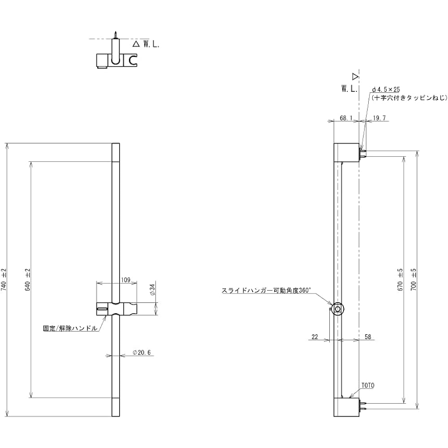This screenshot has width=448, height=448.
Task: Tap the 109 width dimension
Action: point(126,280)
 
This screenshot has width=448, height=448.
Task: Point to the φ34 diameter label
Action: point(152,290)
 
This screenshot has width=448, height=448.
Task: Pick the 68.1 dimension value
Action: point(346,118)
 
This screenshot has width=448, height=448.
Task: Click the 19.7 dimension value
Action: point(379,118)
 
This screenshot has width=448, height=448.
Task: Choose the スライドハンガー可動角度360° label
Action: point(266,290)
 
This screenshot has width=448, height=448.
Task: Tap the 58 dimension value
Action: point(368,337)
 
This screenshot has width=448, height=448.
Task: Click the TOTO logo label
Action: point(368,385)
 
